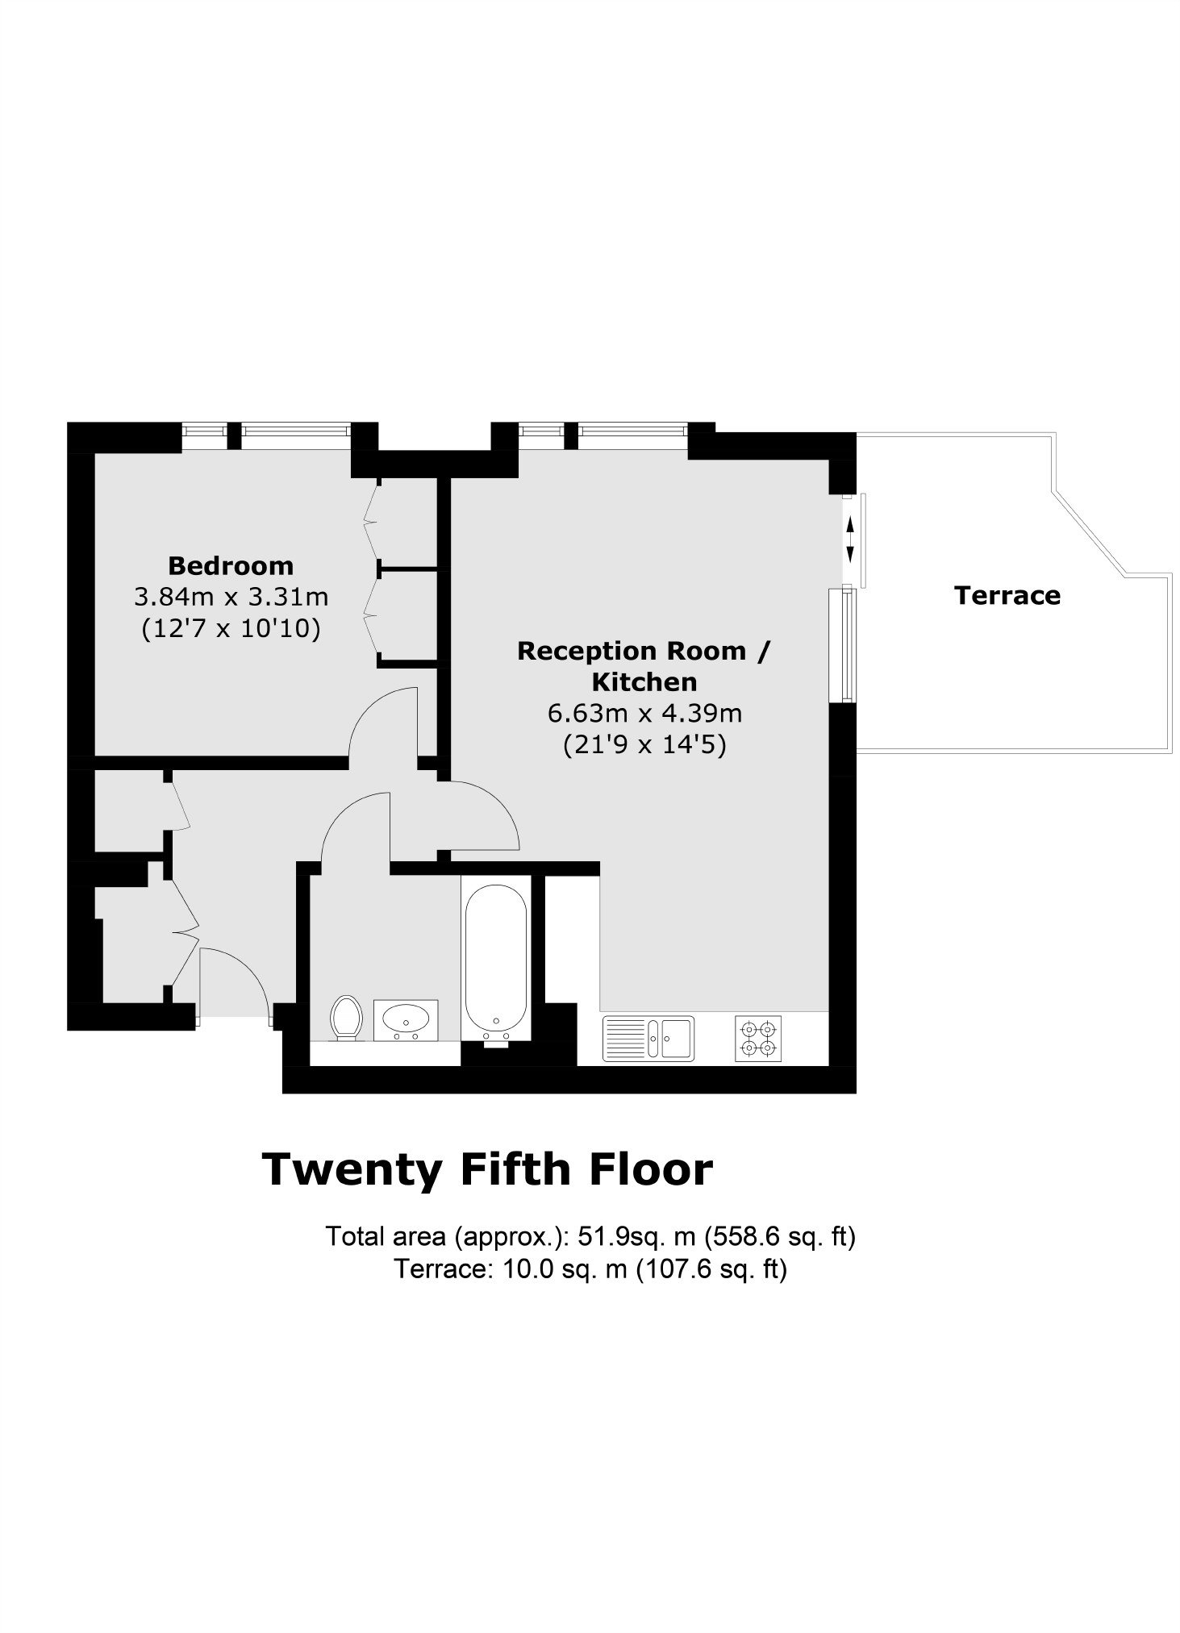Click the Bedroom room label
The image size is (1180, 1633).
click(x=231, y=565)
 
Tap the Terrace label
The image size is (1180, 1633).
click(x=1007, y=595)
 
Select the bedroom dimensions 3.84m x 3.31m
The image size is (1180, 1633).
click(x=231, y=597)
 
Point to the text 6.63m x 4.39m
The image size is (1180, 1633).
click(x=644, y=713)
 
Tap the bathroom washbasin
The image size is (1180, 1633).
click(x=407, y=1020)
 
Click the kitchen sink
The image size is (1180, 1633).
click(x=648, y=1038)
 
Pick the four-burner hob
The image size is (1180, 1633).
click(x=758, y=1038)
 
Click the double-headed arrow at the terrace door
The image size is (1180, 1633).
click(x=849, y=540)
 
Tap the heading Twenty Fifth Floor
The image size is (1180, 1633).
click(x=488, y=1169)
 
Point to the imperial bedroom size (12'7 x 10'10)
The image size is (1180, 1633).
click(x=231, y=628)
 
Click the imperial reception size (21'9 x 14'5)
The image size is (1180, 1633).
click(x=644, y=744)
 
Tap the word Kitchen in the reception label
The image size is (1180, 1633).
click(x=644, y=681)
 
